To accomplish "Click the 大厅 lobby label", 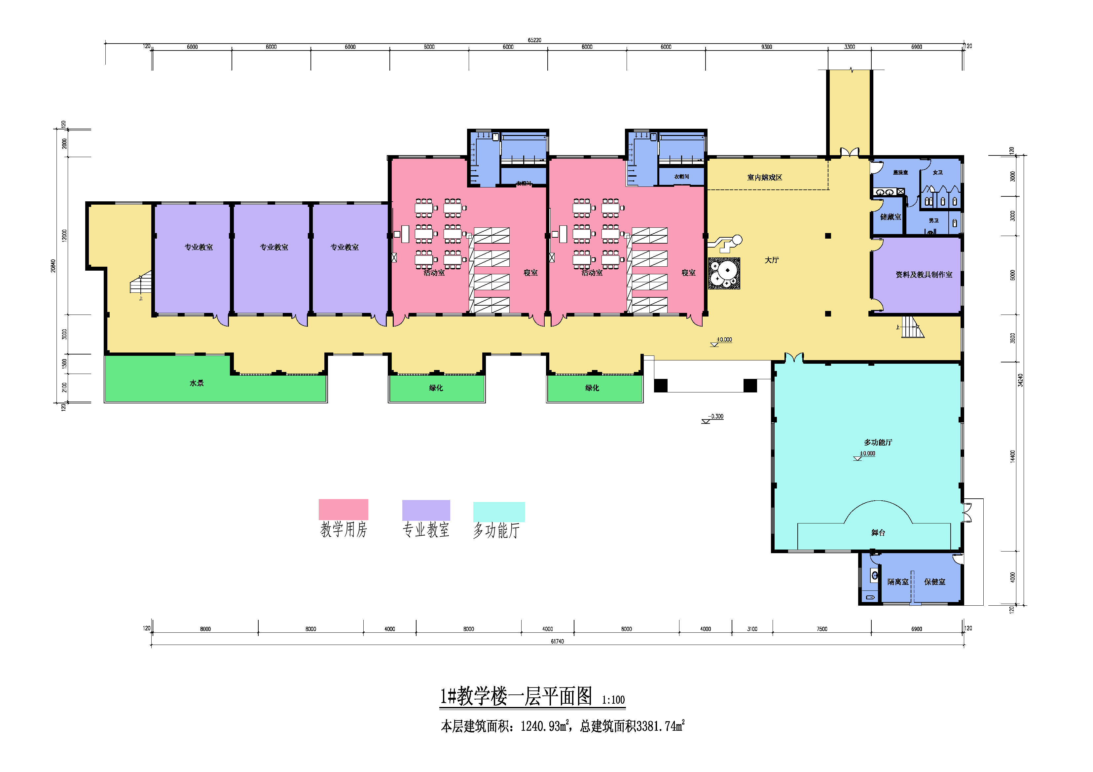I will [x=772, y=260].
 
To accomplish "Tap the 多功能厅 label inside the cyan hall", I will [x=878, y=442].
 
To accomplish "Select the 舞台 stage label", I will [x=878, y=533].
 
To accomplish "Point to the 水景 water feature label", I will [x=197, y=383].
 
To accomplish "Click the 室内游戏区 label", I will [x=765, y=178].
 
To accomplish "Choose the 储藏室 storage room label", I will [x=890, y=217].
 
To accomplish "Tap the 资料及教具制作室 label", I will [x=924, y=275].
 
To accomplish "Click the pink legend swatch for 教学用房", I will [x=343, y=509].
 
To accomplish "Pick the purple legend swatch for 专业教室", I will [x=426, y=510].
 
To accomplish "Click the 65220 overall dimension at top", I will [x=534, y=40].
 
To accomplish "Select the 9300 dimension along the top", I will [x=766, y=47].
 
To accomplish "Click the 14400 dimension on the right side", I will [x=1012, y=456].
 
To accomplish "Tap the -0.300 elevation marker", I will [x=715, y=417].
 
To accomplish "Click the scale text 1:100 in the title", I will [x=613, y=700].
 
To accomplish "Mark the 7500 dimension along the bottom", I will [x=822, y=629].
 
